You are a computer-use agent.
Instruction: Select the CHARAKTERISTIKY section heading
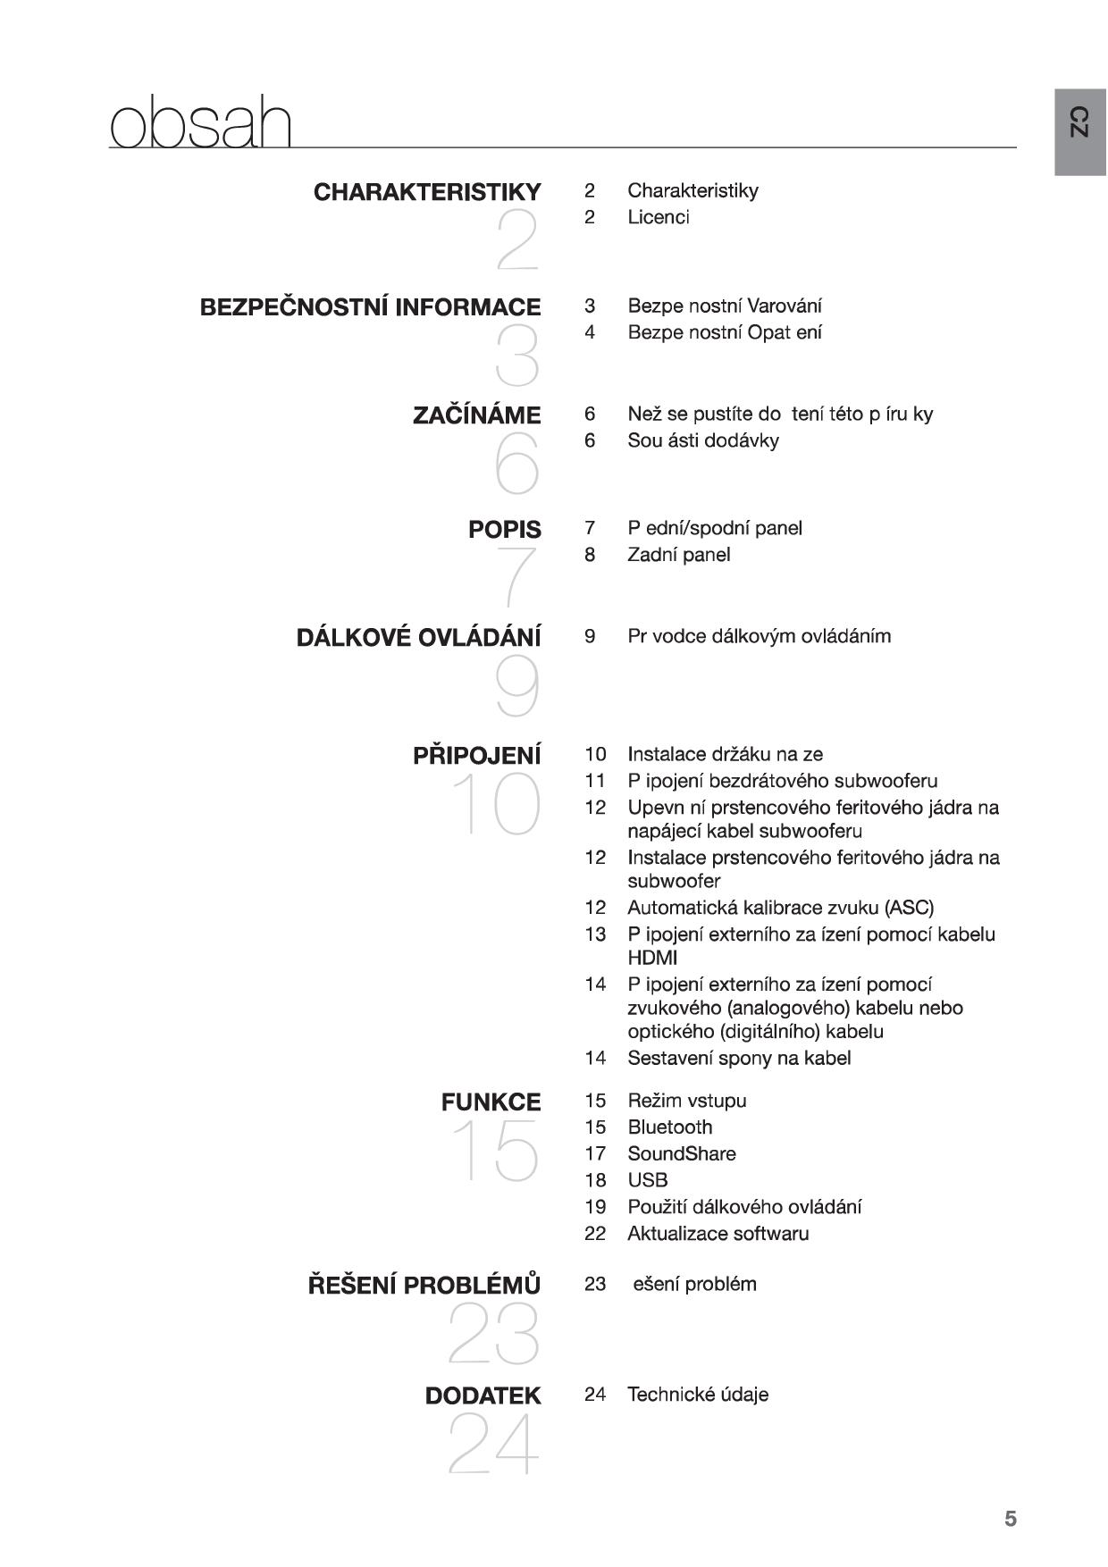tap(427, 192)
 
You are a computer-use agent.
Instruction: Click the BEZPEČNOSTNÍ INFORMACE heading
tap(370, 307)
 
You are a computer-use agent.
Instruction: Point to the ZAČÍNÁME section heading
tap(476, 415)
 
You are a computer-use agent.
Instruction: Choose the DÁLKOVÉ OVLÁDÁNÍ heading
tap(418, 638)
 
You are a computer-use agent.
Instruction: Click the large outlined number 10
tap(497, 804)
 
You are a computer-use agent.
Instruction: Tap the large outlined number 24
tap(494, 1445)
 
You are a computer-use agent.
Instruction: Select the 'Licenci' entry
tap(659, 217)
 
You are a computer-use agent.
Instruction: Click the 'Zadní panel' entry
tap(678, 555)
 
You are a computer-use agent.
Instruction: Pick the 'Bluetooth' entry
tap(669, 1127)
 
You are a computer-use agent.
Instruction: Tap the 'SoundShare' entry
tap(681, 1154)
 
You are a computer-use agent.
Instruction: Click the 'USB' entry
tap(647, 1180)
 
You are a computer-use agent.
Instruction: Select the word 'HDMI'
tap(652, 958)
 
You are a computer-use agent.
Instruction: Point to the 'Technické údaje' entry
tap(697, 1395)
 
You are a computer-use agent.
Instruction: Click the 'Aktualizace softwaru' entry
tap(718, 1234)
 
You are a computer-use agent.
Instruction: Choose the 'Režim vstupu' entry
tap(686, 1101)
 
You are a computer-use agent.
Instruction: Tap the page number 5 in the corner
tap(1011, 1519)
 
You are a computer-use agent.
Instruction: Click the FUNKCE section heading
tap(491, 1102)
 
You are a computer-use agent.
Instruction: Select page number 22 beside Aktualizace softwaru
tap(595, 1234)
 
